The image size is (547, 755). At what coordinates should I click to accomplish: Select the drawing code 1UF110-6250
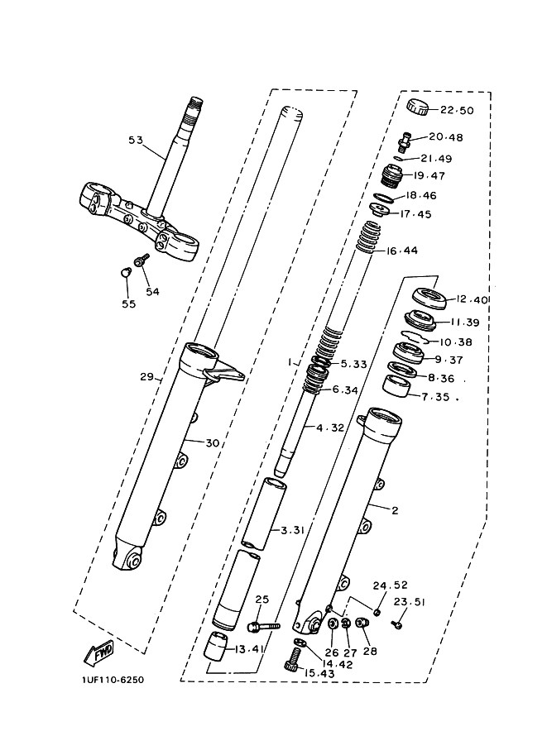pos(113,680)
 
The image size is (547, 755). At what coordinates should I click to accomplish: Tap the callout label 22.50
pos(458,111)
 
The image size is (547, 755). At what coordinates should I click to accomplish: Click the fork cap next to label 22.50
pos(417,106)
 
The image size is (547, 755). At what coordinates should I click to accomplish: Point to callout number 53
pos(136,140)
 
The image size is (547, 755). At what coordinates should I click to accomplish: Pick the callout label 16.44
pos(402,251)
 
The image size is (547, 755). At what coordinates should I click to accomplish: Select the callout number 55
pos(128,304)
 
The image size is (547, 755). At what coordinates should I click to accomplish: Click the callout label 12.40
pos(472,299)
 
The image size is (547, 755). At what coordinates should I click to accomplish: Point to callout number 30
pos(212,443)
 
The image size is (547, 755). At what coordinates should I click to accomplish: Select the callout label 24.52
pos(391,585)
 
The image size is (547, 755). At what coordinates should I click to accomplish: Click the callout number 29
pos(147,376)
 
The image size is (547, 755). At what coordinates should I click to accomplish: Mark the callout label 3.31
pos(293,530)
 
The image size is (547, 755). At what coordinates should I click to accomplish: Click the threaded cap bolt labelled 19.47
pos(393,175)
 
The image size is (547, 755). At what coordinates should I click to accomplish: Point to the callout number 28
pos(370,652)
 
